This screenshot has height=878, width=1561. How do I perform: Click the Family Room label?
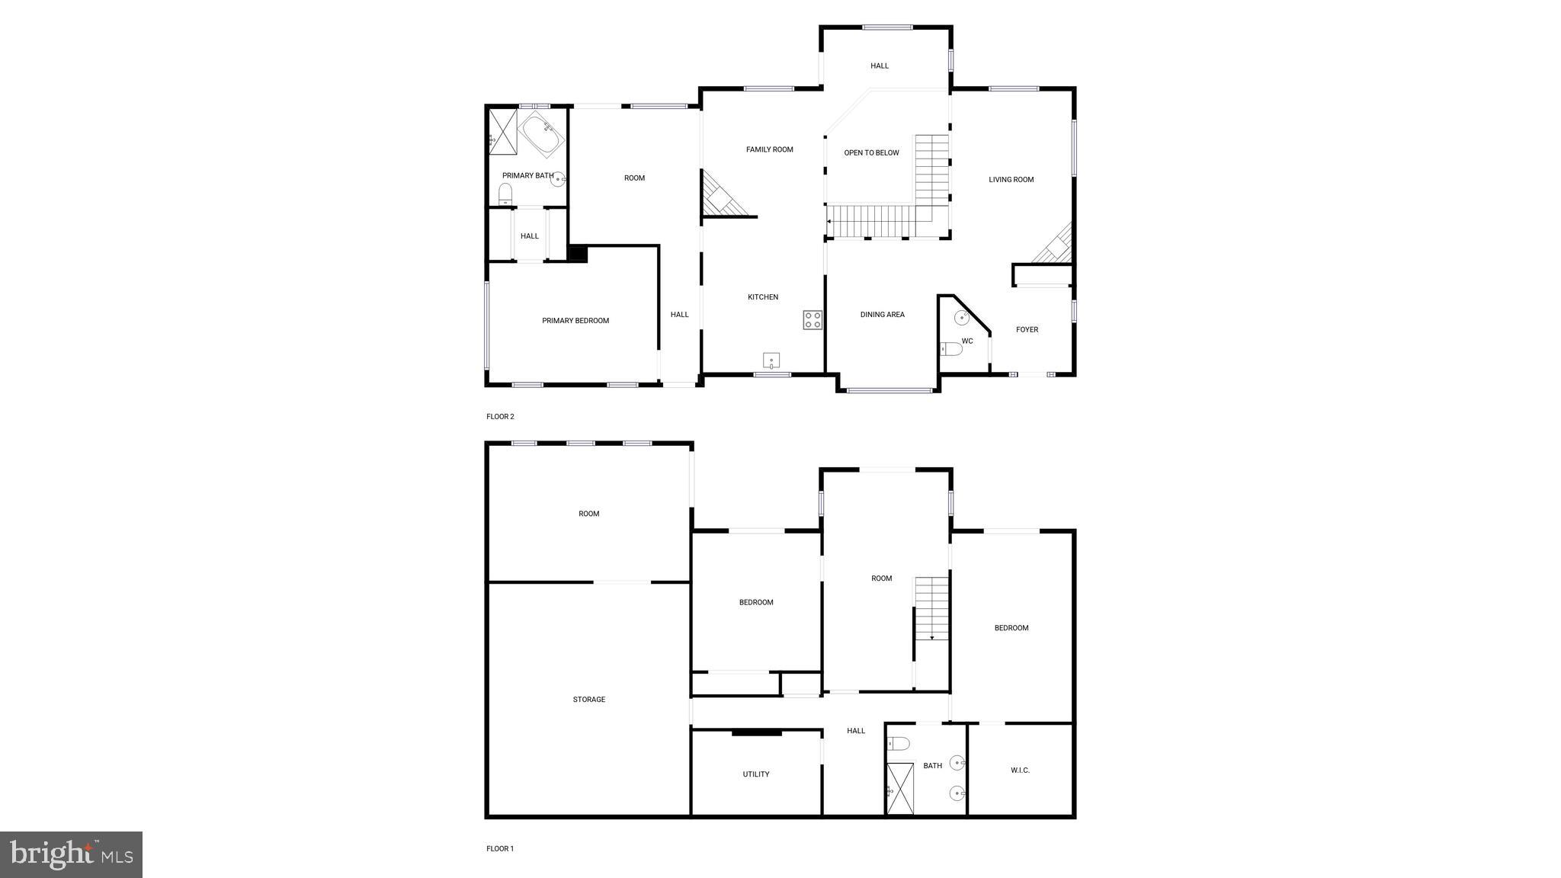(769, 149)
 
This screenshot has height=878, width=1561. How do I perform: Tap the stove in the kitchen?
(813, 320)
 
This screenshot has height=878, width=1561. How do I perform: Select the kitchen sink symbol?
(771, 360)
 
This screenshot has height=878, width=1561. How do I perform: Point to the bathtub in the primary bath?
(541, 133)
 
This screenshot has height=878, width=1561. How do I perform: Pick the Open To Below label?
(871, 152)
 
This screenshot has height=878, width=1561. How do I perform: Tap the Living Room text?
(1011, 180)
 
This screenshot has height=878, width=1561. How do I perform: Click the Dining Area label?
(882, 314)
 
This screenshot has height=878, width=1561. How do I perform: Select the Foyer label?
(1027, 329)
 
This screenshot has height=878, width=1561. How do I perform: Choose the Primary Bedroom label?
(575, 321)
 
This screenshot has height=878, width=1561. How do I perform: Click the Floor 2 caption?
(500, 417)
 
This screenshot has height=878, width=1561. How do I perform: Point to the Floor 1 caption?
(500, 848)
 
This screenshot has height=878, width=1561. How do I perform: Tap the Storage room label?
(588, 700)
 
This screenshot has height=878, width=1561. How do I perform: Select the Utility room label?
(755, 774)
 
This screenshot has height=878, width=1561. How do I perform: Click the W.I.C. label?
(1020, 771)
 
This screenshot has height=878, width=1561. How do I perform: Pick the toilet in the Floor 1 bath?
(899, 743)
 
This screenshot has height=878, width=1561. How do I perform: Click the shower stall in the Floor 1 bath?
(900, 789)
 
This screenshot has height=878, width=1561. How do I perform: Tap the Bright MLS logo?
(71, 854)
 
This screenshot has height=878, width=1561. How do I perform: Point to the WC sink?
(963, 318)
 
